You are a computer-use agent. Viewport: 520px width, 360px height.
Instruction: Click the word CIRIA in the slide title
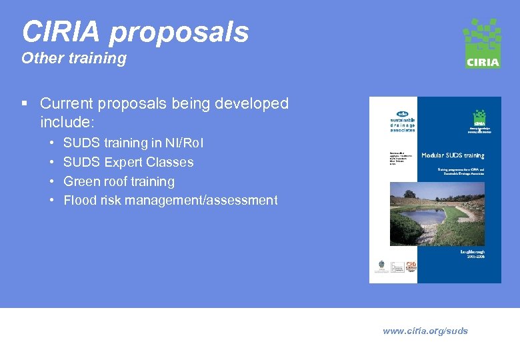pos(61,32)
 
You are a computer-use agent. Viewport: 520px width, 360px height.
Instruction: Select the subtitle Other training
pos(73,59)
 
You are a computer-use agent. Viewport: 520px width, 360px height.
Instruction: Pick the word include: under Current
pos(67,123)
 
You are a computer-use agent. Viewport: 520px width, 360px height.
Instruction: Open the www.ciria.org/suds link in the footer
pos(425,331)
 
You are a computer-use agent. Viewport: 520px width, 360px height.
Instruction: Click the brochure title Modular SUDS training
pos(453,155)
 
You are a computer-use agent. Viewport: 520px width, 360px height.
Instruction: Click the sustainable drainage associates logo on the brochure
pos(402,121)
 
